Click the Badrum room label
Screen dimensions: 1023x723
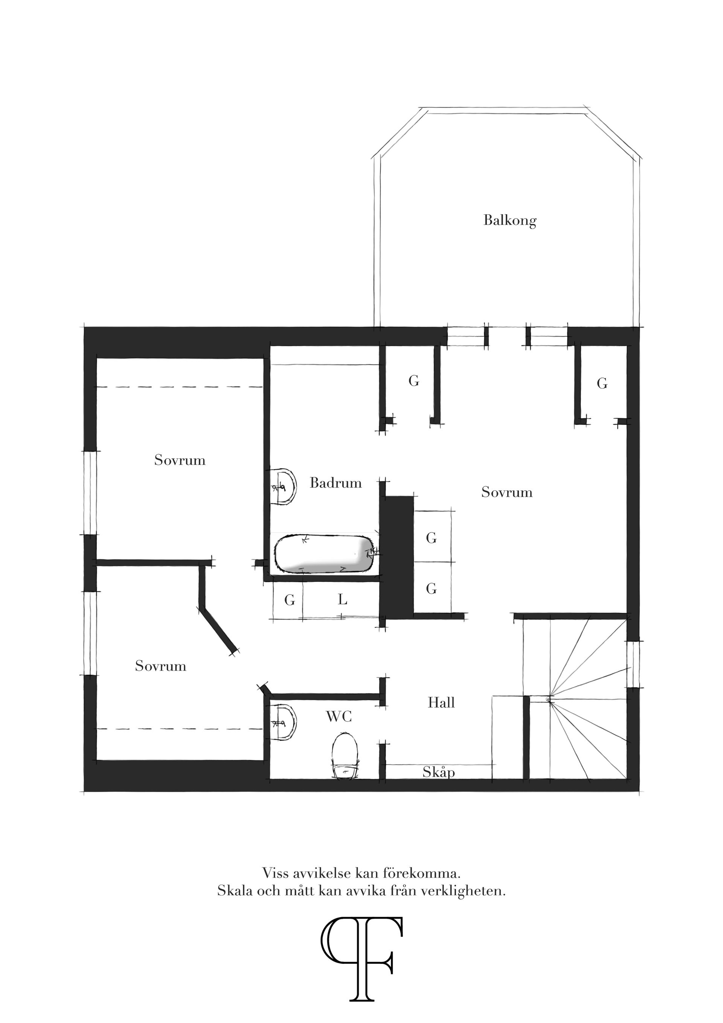pos(336,483)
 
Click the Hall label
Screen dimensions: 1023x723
pos(441,702)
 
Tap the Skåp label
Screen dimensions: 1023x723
pos(439,772)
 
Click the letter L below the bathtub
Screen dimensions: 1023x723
pos(342,600)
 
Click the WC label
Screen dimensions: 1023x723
pos(339,716)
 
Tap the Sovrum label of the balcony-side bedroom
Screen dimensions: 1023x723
pos(507,492)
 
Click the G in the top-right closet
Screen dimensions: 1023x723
pos(602,383)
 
